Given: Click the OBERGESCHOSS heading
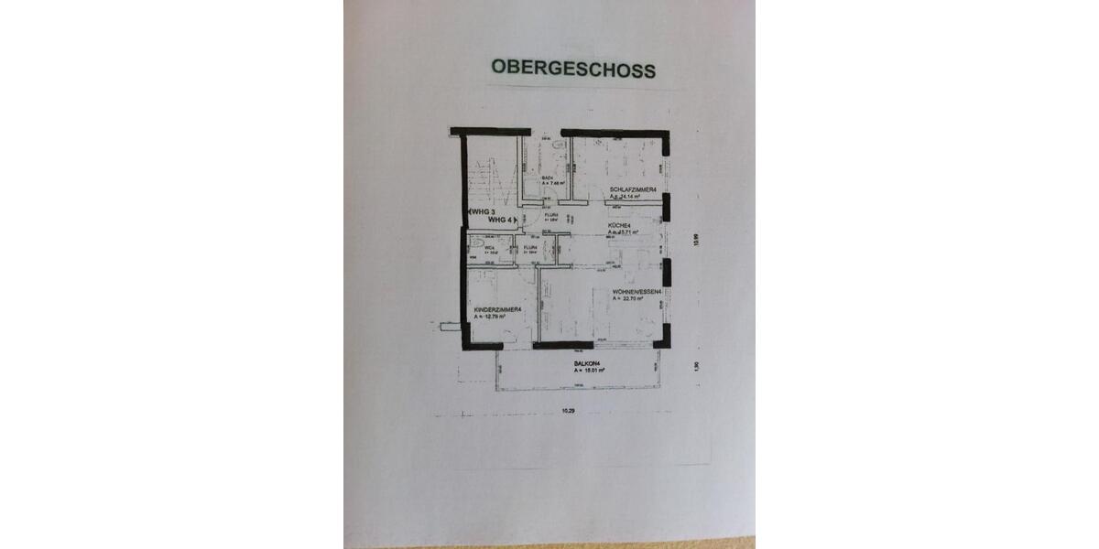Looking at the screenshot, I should tap(573, 68).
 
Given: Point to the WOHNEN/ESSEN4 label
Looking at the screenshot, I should tap(637, 292).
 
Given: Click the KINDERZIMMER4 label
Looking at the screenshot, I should tap(497, 310).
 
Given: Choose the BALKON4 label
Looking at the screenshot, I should tap(586, 364).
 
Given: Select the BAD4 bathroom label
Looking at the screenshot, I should tap(548, 178).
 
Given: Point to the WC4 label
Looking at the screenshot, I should tap(490, 247).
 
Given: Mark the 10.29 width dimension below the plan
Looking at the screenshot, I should tap(569, 411).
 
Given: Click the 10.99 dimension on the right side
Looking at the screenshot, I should tap(696, 241).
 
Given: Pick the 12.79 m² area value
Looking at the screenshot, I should tap(499, 317).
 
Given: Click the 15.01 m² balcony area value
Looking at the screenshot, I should tap(588, 371).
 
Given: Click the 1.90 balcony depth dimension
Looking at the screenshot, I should tap(697, 366).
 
